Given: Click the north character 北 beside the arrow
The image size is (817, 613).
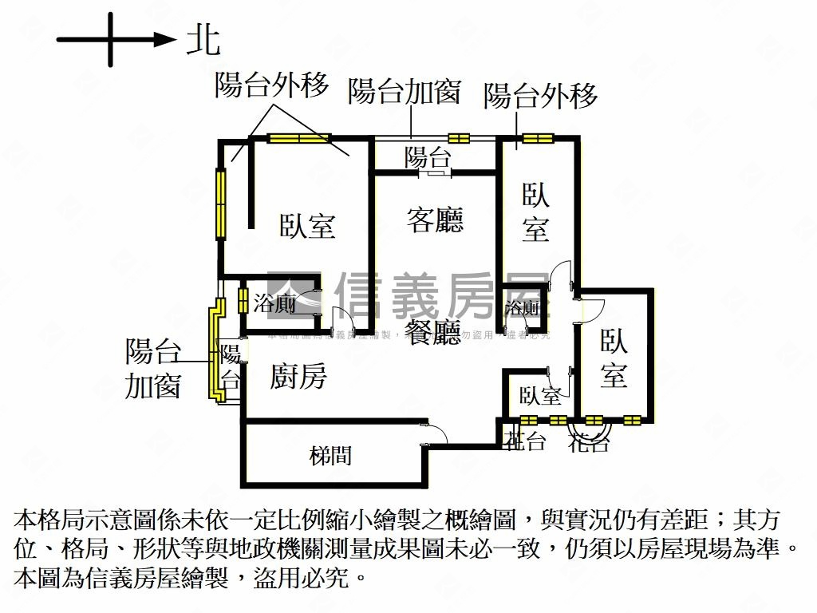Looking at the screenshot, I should [x=203, y=38].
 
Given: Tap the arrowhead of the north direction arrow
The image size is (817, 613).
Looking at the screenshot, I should [x=166, y=38].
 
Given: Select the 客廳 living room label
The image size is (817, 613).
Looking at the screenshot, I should [x=435, y=219].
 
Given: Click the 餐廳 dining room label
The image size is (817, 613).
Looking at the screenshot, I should [x=433, y=330].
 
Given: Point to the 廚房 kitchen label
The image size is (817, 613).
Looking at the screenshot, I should [x=298, y=376].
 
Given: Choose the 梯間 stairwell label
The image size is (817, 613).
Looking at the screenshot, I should [x=330, y=456].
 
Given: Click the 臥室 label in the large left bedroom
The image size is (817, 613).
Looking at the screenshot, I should [x=307, y=226].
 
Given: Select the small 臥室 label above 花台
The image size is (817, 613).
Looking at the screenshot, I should [x=540, y=395].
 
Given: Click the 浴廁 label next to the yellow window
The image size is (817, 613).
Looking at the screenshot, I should [x=275, y=303].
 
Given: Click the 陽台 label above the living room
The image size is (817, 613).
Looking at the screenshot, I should [x=428, y=156].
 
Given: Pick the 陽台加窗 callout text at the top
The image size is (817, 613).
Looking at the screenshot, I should [x=405, y=92].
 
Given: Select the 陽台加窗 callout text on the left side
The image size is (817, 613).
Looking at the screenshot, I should [x=152, y=369].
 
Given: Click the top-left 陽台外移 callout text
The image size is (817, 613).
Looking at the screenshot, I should [x=271, y=85].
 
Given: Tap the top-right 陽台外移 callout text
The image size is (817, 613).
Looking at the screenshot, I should [x=541, y=96].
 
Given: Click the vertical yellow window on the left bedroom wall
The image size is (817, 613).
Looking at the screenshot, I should [x=221, y=203].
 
